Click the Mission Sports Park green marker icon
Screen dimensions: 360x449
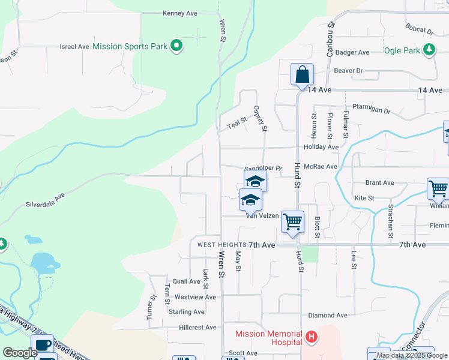[x=176, y=46]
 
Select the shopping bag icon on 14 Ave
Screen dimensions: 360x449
[x=303, y=75]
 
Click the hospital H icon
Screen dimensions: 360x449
[x=311, y=337]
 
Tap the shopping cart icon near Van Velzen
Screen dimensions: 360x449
[x=292, y=221]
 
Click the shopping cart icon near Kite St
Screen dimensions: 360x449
[x=438, y=188]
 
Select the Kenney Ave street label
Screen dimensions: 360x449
[x=180, y=13]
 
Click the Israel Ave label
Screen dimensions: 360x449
[x=74, y=46]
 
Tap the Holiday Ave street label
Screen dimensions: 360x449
[x=321, y=147]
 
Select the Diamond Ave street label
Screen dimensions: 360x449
[x=328, y=315]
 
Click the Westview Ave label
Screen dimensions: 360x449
[x=195, y=297]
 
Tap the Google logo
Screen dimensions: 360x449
[x=20, y=353]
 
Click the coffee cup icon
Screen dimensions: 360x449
[x=42, y=344]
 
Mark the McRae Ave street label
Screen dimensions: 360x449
[x=321, y=167]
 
